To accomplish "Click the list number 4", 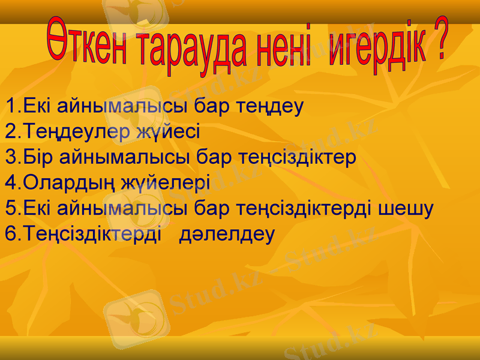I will (10, 182).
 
